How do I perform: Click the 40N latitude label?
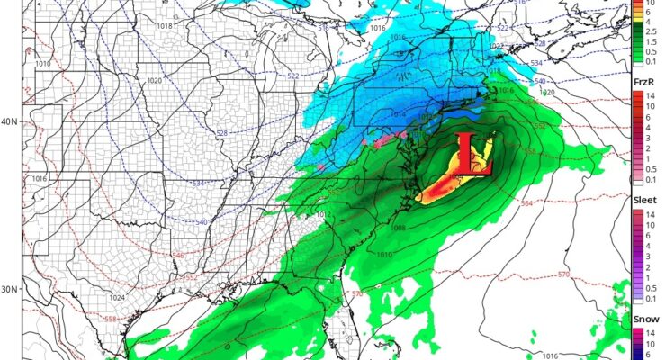click(11, 121)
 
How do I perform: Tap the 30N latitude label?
click(11, 290)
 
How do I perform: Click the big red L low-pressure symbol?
click(472, 155)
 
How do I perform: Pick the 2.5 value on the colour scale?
click(648, 27)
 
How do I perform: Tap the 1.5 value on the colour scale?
click(648, 38)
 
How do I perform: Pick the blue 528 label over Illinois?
click(221, 133)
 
